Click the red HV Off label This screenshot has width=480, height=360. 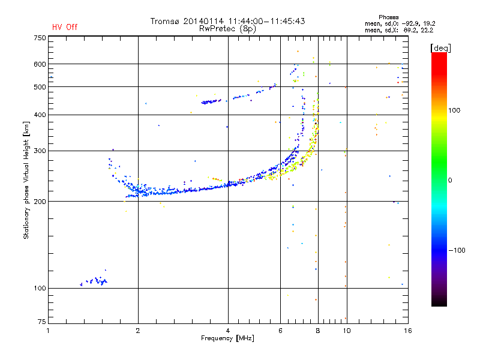(65, 27)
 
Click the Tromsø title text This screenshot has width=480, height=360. (227, 21)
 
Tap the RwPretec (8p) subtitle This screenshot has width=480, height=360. (227, 29)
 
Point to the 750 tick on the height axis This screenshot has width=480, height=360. (40, 38)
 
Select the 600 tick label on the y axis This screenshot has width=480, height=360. (40, 64)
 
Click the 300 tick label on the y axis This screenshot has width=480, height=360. (40, 151)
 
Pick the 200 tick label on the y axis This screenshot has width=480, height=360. (40, 201)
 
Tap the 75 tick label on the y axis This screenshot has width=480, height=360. (42, 322)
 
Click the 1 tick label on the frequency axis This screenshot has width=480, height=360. (48, 331)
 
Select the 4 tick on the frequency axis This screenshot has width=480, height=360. (228, 331)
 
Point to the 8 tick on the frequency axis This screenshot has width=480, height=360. (318, 331)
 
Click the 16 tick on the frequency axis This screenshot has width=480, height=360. (408, 331)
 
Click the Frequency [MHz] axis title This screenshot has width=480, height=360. (227, 338)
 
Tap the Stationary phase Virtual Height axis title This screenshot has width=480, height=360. (26, 180)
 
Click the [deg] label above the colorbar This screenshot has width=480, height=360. (440, 49)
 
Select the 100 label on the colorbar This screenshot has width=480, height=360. (454, 110)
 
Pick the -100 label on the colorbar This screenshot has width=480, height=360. (457, 250)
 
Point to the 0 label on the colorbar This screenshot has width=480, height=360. (450, 180)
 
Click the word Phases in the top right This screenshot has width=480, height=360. (388, 17)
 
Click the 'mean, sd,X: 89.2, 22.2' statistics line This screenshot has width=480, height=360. (399, 30)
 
